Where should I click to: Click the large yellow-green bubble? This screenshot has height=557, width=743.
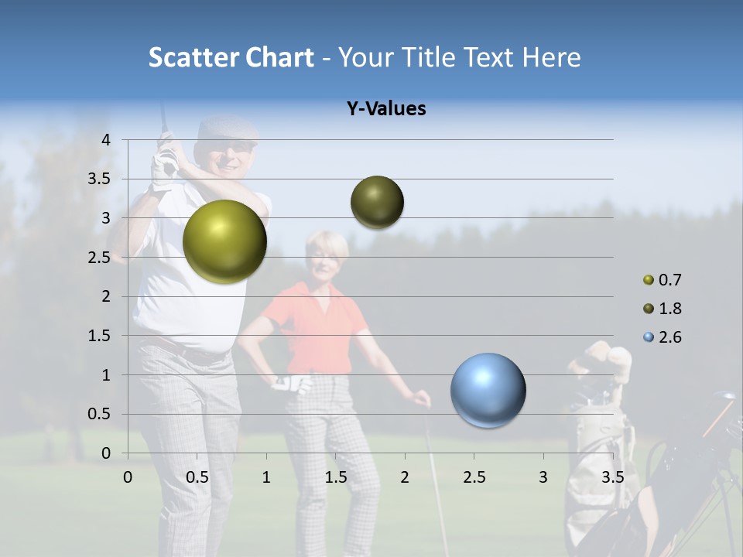(224, 241)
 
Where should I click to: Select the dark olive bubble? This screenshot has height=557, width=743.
(377, 203)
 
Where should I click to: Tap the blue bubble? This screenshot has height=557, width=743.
(488, 390)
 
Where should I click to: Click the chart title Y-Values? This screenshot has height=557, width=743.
(386, 109)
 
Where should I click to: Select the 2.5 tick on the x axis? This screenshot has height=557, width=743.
(474, 477)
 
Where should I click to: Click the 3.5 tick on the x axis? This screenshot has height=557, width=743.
(612, 477)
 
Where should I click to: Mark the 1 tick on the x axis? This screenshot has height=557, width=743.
(266, 477)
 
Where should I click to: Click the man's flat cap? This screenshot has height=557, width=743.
(225, 130)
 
